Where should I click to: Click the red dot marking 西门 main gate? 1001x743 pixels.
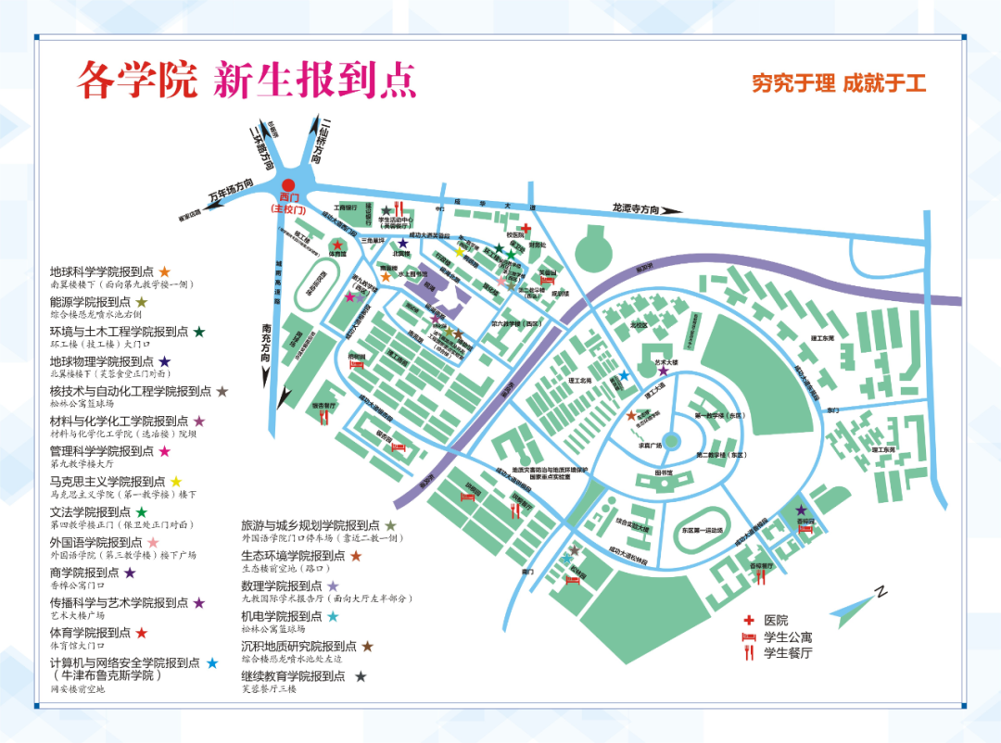coord(288,186)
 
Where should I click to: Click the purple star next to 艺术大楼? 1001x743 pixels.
coord(663,371)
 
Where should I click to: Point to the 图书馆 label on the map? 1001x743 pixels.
coord(663,472)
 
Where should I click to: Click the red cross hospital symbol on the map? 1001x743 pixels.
coord(526,228)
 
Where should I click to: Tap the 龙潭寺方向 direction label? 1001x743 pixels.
coord(635,208)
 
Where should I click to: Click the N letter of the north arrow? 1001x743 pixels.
coord(882,592)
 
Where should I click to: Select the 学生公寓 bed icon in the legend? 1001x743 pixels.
coord(748,637)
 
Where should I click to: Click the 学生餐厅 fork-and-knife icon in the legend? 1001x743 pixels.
coord(748,654)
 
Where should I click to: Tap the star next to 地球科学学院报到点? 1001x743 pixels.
coord(165,271)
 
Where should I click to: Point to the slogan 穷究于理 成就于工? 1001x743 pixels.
coord(839,83)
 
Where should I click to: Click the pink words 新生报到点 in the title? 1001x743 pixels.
coord(314,81)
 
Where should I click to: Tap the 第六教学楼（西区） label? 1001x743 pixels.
coord(515,324)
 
